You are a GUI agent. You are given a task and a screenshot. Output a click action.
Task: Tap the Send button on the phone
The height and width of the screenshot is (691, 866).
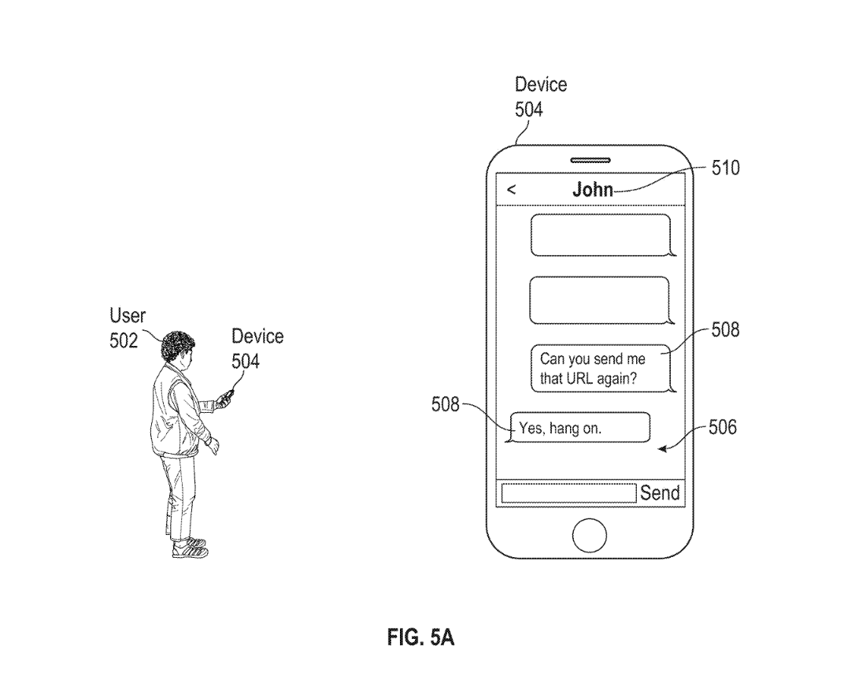tap(660, 493)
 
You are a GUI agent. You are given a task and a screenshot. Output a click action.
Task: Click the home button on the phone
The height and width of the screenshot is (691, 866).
tap(590, 536)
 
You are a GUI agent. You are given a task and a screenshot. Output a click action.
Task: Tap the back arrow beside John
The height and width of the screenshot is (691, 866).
tap(512, 189)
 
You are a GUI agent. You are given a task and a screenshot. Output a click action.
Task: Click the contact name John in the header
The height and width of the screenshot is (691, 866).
tap(593, 189)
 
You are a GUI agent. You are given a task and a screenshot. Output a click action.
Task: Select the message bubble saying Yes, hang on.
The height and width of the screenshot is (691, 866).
tap(580, 428)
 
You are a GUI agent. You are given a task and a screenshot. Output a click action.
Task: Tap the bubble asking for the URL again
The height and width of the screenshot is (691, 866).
tap(601, 368)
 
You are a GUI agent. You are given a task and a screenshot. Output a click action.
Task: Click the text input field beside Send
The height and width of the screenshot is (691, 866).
tap(568, 493)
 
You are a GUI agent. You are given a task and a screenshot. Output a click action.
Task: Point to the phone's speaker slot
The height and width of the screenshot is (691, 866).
tap(590, 161)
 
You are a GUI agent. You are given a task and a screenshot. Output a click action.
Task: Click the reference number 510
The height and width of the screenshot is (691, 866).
tap(725, 168)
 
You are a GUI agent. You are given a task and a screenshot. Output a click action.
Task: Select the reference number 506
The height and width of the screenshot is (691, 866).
tap(723, 428)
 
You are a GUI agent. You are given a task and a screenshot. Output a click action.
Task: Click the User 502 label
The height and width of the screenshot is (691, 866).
tap(127, 328)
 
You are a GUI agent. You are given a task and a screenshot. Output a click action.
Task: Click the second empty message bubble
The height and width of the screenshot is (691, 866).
tap(600, 300)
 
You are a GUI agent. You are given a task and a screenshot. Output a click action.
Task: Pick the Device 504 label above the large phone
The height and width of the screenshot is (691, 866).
tap(540, 96)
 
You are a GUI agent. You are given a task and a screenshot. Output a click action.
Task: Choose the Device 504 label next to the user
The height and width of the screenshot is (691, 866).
tap(257, 348)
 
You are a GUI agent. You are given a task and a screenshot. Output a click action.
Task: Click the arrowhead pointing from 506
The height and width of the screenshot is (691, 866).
tap(663, 449)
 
